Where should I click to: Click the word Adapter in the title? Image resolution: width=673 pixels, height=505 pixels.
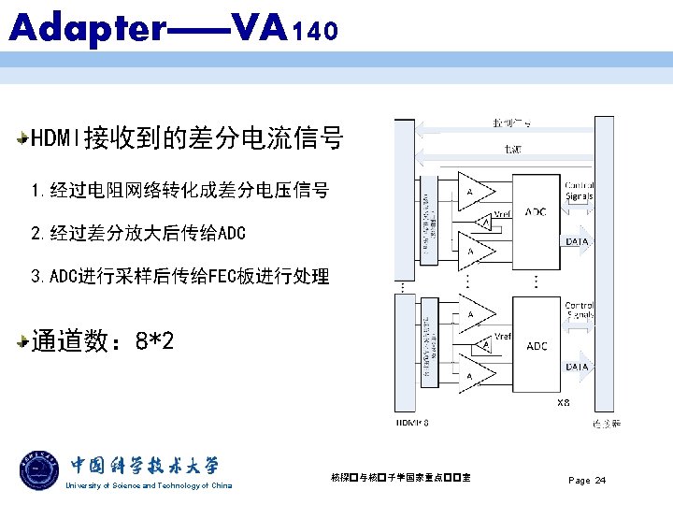point(86,28)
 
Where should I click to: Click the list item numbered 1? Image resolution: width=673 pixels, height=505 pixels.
point(179,191)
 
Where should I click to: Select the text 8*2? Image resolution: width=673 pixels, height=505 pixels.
point(154,342)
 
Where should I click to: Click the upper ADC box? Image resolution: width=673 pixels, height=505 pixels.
point(535,212)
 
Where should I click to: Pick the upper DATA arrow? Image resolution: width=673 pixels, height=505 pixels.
point(577,240)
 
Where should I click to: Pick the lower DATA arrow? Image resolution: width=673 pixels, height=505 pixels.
point(577,367)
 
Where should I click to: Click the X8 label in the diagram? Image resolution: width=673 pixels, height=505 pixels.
point(563,403)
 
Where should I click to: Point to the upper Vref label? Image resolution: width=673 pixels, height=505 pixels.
point(502,214)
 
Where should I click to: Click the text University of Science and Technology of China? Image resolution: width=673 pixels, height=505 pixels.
point(149,485)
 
